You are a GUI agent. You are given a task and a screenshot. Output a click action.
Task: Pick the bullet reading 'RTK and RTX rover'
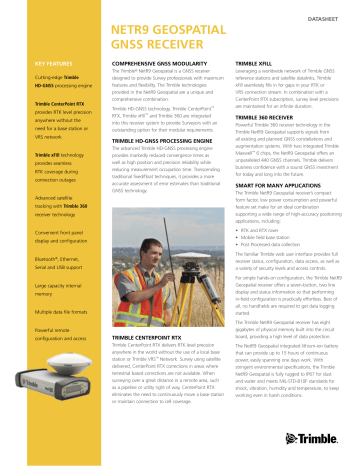[263, 258]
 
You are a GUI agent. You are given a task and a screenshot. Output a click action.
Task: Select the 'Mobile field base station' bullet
[270, 266]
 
